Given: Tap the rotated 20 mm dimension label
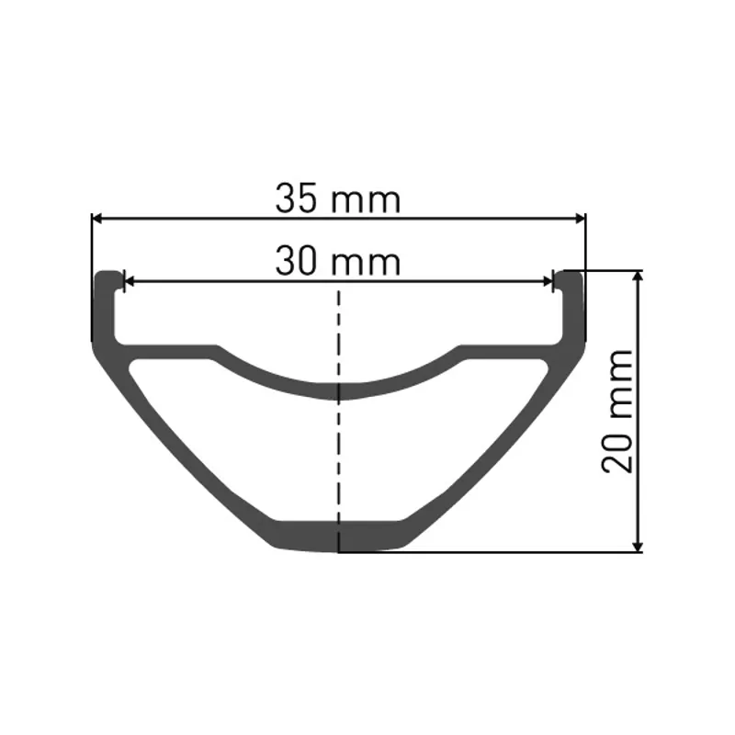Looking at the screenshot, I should [x=618, y=411].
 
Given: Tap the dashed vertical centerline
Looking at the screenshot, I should [x=340, y=441].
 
